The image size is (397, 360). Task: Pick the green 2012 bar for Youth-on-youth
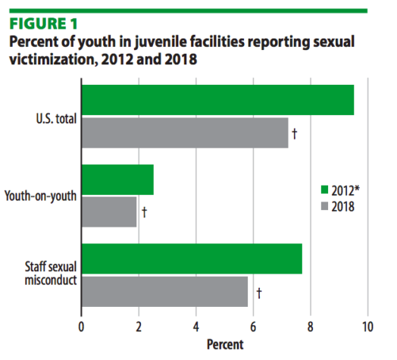point(117,180)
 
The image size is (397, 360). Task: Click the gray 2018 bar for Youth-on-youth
point(109,212)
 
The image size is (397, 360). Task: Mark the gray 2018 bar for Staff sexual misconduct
point(164,291)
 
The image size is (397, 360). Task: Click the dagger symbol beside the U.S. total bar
point(294,134)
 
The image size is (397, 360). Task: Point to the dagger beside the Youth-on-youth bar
point(144,212)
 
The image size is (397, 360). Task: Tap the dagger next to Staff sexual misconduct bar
point(258,292)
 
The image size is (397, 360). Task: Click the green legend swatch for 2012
point(324,190)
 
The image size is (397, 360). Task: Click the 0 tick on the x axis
point(81,327)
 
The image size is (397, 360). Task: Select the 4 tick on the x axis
point(195,327)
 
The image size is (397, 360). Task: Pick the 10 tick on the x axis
point(367,327)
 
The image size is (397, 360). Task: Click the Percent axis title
point(225,345)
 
